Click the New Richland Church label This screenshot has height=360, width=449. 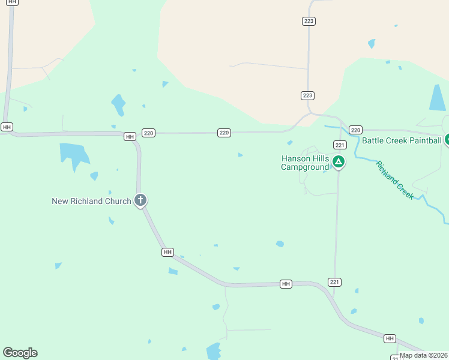pos(91,201)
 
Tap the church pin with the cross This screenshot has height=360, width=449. pos(140,200)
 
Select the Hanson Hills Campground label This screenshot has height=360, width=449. pos(305,163)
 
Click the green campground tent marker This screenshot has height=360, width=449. pos(339,161)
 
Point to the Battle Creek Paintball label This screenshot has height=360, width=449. pos(402,141)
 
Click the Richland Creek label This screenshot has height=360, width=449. pos(394,179)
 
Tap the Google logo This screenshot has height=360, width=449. pos(20,353)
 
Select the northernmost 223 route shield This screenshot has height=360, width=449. pos(309,21)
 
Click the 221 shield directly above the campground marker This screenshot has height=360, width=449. pos(340,145)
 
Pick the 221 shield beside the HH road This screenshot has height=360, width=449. pos(335,282)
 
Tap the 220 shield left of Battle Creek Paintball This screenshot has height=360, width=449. pos(355,130)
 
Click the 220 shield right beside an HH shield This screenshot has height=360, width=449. pos(149,133)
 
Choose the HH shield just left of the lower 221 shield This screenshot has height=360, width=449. pos(286,284)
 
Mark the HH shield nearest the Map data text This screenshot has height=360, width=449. pos(390,339)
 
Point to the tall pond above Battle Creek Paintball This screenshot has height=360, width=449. pos(438,98)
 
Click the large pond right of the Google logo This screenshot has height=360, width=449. pos(214,350)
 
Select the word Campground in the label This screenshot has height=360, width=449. pos(305,167)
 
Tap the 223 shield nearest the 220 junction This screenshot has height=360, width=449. pos(308,95)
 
